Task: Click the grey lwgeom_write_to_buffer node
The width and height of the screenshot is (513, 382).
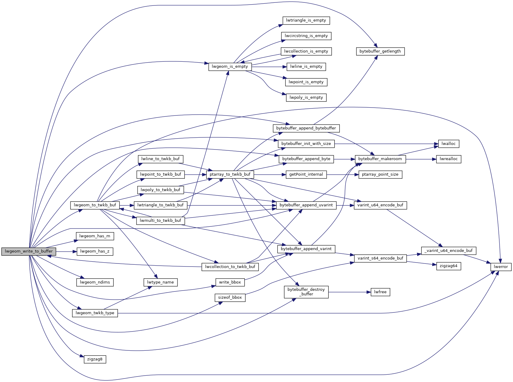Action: point(29,251)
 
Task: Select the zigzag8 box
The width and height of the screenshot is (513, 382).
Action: point(95,359)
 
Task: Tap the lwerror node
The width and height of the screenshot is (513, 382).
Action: point(501,267)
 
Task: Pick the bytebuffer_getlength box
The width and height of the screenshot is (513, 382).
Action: point(380,51)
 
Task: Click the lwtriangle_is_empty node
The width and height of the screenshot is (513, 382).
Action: point(306,20)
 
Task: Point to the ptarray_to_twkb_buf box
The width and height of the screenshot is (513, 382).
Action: point(230,174)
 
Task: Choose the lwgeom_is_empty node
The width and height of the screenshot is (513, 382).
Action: point(230,67)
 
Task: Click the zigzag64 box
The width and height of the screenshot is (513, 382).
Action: point(448,266)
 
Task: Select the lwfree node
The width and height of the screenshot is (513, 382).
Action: point(380,292)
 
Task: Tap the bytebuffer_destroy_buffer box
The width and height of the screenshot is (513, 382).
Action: point(306,292)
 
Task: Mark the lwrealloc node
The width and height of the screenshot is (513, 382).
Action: point(449,159)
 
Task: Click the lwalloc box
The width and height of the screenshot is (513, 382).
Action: point(449,144)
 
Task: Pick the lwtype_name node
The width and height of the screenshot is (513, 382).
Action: point(160,282)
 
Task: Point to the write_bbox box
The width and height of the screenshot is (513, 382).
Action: point(230,282)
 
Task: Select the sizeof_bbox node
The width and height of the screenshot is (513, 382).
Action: point(230,298)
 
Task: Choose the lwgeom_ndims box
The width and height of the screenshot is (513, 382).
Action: point(95,282)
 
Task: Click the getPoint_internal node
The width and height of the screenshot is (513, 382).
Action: point(306,174)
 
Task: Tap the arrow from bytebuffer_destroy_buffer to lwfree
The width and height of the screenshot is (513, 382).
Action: point(349,292)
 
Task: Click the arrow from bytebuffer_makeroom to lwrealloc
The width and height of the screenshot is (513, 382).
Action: point(421,159)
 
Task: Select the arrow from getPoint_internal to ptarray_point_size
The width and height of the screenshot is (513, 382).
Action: point(343,174)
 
